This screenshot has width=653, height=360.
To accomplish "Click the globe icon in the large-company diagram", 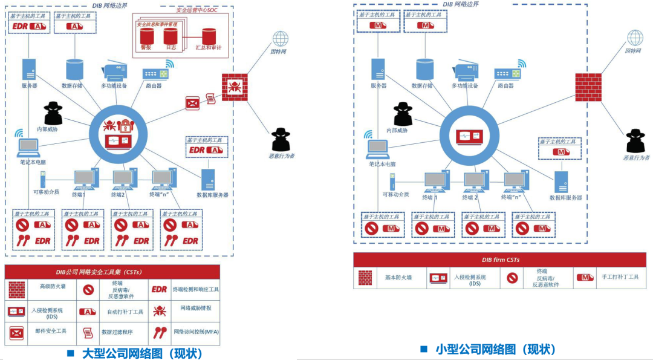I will (x=280, y=39).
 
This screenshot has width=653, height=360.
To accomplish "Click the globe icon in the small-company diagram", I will (x=635, y=38).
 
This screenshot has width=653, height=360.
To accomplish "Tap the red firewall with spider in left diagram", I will (x=235, y=86).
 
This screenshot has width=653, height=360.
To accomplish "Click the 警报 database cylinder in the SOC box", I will (x=146, y=37).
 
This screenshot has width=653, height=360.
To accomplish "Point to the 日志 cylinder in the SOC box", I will (x=171, y=37).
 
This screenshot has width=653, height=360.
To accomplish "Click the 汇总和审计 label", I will (x=207, y=47).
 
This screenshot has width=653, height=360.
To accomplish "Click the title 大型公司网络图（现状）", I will (x=142, y=353).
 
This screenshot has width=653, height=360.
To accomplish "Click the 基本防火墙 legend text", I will (x=398, y=277).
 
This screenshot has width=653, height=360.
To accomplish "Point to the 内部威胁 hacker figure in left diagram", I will (x=53, y=113).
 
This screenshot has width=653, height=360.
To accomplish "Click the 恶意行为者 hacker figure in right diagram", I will (x=635, y=140).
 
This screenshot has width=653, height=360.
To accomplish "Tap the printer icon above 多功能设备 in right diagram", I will (x=464, y=71).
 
